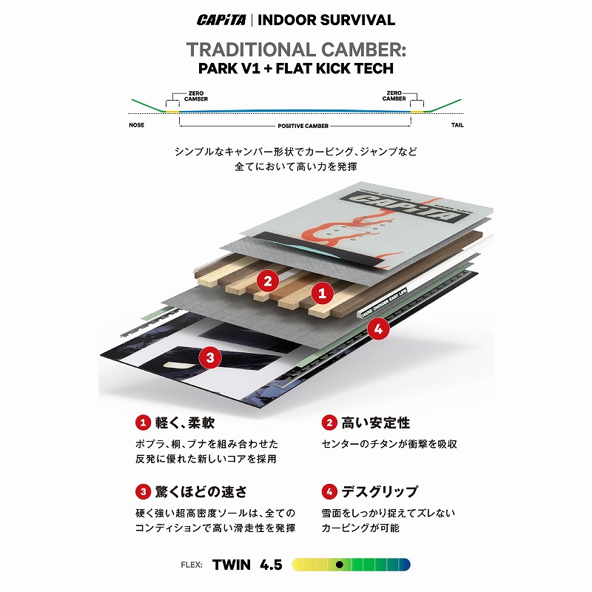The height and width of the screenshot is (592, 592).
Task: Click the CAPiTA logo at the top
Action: click(221, 20)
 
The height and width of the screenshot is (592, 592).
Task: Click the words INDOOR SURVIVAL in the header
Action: click(326, 20)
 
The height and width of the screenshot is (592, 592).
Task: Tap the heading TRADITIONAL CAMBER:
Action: click(296, 50)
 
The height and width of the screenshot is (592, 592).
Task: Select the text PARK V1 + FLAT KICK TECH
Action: click(296, 68)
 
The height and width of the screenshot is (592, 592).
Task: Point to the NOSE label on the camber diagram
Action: click(136, 125)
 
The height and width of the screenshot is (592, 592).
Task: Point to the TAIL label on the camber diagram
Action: click(457, 125)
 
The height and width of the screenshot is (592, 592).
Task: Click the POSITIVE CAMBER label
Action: click(303, 126)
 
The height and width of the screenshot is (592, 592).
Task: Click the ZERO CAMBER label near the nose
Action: click(196, 96)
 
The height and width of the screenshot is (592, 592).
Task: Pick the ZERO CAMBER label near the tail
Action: click(394, 95)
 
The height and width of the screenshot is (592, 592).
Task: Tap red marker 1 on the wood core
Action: click(322, 293)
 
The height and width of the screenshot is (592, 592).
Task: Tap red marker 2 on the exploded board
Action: click(268, 281)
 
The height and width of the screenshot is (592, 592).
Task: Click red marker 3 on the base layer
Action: click(210, 357)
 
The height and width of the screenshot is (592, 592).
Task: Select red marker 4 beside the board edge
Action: click(378, 329)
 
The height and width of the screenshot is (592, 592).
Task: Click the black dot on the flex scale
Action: click(340, 565)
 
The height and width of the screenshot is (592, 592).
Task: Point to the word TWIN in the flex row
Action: click(232, 565)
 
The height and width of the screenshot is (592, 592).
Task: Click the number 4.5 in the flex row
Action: click(271, 565)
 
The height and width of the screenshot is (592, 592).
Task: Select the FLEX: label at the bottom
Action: click(192, 565)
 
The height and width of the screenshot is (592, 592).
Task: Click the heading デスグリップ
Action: click(380, 491)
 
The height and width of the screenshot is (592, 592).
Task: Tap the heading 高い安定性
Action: click(376, 423)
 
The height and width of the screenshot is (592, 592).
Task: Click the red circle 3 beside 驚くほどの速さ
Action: click(143, 492)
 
